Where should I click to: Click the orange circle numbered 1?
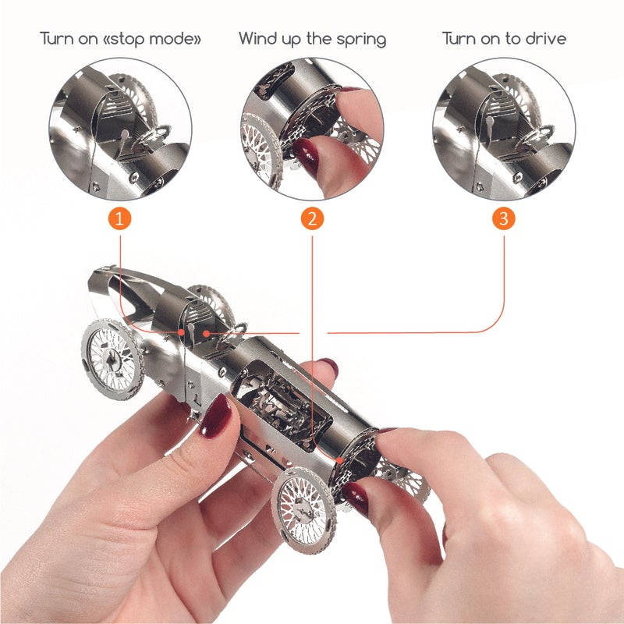coord(120,218)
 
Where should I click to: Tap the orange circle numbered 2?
coord(312,218)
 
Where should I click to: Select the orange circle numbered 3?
coord(504,218)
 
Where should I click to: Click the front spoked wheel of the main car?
coord(112,358)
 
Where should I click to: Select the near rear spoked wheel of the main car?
coord(303,510)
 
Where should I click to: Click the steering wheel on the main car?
coord(232,335)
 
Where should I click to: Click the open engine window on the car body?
coord(282,402)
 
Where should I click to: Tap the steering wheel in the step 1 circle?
coord(152,136)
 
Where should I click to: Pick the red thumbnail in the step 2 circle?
coord(307,156)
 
